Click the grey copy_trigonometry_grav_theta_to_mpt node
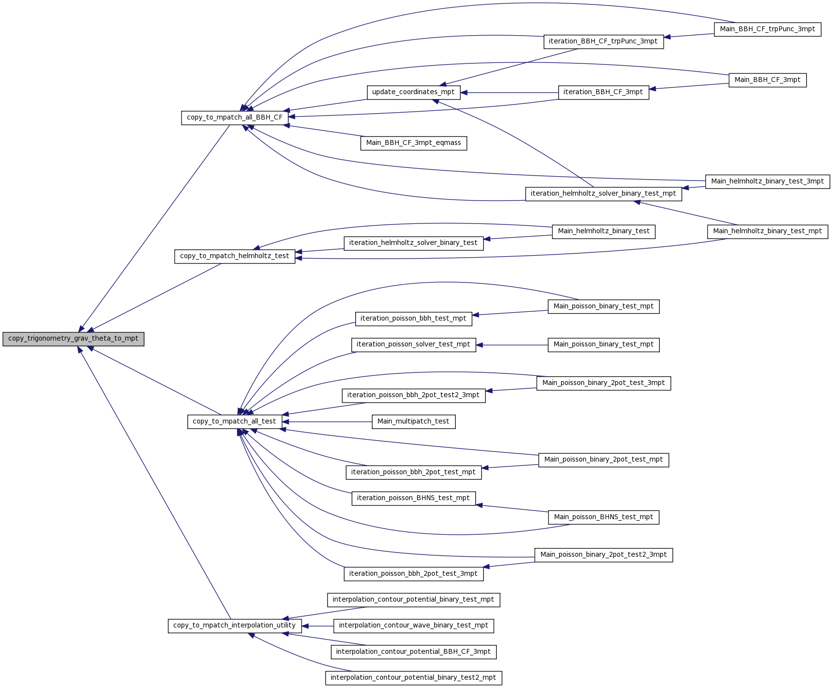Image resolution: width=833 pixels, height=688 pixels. pyautogui.click(x=73, y=339)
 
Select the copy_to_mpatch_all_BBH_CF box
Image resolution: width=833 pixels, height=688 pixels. pyautogui.click(x=235, y=118)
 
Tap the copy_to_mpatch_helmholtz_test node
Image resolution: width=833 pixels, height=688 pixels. pyautogui.click(x=235, y=256)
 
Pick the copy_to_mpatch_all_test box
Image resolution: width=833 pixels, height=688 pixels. pyautogui.click(x=234, y=422)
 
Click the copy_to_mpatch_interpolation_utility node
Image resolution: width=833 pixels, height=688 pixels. pyautogui.click(x=234, y=626)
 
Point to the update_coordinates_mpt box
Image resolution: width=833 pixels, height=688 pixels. pyautogui.click(x=413, y=92)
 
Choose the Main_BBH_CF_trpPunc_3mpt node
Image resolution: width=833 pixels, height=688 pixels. pyautogui.click(x=768, y=29)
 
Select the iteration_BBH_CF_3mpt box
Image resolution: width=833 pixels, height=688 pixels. pyautogui.click(x=603, y=92)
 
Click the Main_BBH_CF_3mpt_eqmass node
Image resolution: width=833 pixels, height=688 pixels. pyautogui.click(x=414, y=143)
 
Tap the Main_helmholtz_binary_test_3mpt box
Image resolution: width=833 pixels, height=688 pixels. pyautogui.click(x=768, y=182)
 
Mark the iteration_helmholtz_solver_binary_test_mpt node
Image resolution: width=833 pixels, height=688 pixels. pyautogui.click(x=603, y=194)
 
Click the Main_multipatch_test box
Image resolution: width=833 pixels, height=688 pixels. pyautogui.click(x=413, y=422)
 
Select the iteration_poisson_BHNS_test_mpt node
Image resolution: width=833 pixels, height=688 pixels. pyautogui.click(x=413, y=498)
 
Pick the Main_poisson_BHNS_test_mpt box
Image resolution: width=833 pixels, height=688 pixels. pyautogui.click(x=604, y=517)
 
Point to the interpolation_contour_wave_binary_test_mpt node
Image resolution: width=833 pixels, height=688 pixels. pyautogui.click(x=414, y=626)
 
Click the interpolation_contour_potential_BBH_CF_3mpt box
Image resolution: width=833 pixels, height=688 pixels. pyautogui.click(x=414, y=652)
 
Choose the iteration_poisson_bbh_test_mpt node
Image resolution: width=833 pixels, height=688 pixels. pyautogui.click(x=413, y=319)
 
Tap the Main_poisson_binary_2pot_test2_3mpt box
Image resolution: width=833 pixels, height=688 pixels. pyautogui.click(x=604, y=555)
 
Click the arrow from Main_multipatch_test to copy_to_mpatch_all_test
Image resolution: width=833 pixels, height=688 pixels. pyautogui.click(x=326, y=422)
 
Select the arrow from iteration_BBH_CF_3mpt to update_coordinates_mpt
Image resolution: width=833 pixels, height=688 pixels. pyautogui.click(x=509, y=92)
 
